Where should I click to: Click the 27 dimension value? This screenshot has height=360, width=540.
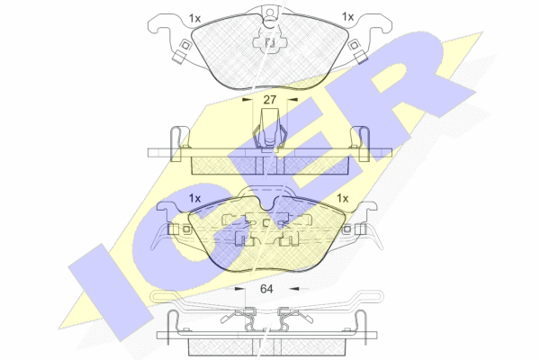pos(270,100)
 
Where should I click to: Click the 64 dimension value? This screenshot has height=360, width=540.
pos(266,289)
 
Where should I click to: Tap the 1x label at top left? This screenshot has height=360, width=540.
pos(195,18)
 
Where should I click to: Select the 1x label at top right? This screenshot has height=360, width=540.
pos(347,16)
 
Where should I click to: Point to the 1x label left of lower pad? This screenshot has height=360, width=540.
pos(194,198)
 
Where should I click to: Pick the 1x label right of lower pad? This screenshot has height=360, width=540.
pos(342,198)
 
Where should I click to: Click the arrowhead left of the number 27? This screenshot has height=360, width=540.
pos(247,100)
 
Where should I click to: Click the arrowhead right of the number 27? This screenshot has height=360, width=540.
pos(292,100)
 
